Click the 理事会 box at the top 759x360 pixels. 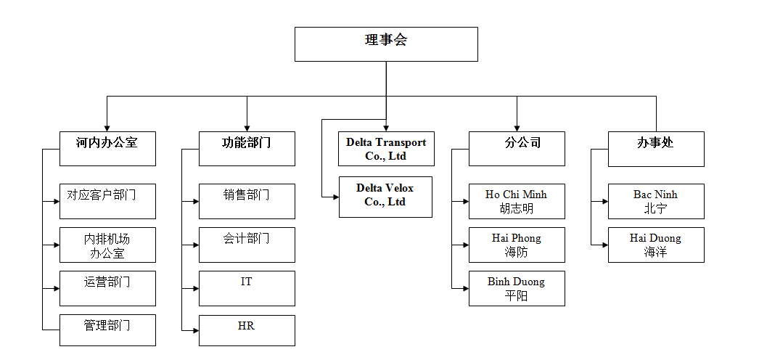[x=386, y=44]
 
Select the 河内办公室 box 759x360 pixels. [x=107, y=149]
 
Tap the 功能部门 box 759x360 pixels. [x=247, y=149]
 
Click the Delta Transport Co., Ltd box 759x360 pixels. [x=386, y=149]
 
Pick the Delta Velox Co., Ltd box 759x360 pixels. [x=385, y=197]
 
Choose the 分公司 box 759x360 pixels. [x=517, y=149]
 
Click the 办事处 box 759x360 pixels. [x=656, y=149]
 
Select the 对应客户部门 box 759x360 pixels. [x=107, y=201]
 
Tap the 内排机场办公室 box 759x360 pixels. [x=107, y=245]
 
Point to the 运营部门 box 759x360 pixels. [x=107, y=288]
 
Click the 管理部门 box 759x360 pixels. [x=107, y=330]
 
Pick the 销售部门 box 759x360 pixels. [x=247, y=201]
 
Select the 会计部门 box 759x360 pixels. [x=247, y=245]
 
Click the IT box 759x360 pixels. [x=247, y=288]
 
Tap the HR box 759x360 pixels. [x=247, y=330]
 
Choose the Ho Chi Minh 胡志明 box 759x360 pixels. [x=517, y=201]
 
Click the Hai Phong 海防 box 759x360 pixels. [x=517, y=245]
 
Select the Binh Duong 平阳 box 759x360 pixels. [x=517, y=288]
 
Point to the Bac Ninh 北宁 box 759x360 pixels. [x=656, y=201]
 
